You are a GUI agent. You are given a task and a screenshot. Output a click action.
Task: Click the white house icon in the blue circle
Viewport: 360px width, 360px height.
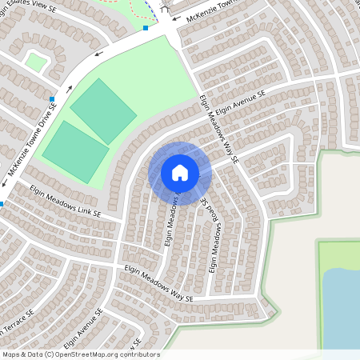(x=179, y=173)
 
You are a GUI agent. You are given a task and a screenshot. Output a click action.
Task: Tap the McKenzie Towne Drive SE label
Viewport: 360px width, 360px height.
(x=33, y=139)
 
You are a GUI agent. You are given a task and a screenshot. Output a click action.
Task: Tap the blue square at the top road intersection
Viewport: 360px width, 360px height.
(x=146, y=28)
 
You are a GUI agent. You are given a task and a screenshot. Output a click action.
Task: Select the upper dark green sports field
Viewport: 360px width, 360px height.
(x=102, y=110)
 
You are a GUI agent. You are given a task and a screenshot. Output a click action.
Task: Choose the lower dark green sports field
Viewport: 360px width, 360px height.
(x=75, y=151)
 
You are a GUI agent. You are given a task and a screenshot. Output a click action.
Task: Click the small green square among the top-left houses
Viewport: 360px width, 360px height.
(x=35, y=61)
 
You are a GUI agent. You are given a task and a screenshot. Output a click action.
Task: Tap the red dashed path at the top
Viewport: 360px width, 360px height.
(x=136, y=6)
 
